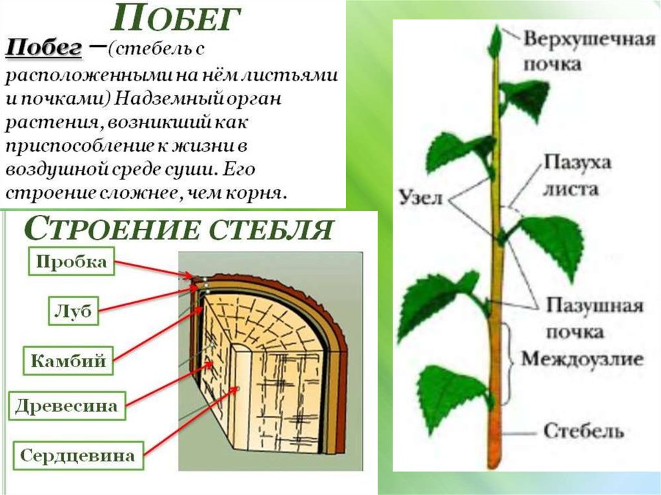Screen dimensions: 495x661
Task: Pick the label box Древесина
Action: (x=67, y=406)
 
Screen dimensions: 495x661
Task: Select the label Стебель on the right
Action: (x=583, y=430)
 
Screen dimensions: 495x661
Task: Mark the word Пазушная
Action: (x=594, y=305)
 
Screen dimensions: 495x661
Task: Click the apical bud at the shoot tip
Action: (x=495, y=41)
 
